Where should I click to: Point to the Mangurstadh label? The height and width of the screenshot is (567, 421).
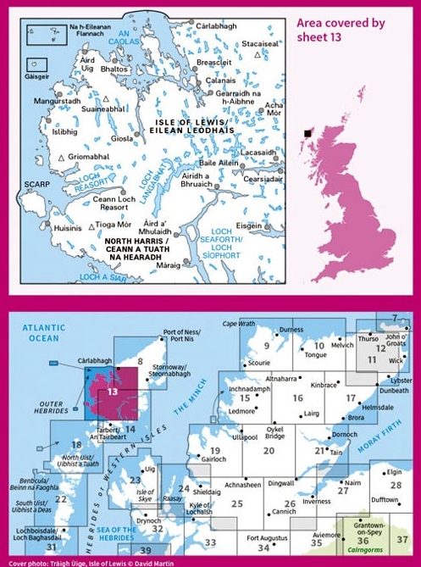(x=57, y=101)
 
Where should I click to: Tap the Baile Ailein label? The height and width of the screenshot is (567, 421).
(x=218, y=163)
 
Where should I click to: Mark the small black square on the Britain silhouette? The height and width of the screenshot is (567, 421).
(x=308, y=133)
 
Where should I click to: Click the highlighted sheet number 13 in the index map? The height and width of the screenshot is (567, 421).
(x=112, y=392)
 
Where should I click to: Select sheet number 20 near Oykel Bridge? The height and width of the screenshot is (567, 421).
(x=269, y=451)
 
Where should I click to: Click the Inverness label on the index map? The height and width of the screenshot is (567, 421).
(x=317, y=501)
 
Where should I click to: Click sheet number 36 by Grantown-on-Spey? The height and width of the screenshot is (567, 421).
(x=363, y=540)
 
